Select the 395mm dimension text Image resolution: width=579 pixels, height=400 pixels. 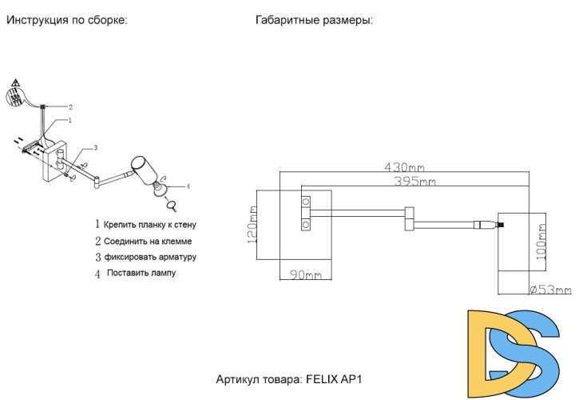(x=415, y=182)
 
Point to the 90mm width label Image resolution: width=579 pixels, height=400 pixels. (x=304, y=275)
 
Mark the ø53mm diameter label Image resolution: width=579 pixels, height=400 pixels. (x=550, y=290)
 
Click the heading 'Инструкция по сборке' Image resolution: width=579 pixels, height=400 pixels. (x=67, y=20)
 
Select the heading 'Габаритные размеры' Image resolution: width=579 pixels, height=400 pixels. (x=314, y=20)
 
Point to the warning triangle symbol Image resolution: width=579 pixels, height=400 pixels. (x=15, y=83)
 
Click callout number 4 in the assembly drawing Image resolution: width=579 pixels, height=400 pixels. (x=187, y=186)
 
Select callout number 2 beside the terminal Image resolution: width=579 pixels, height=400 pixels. (x=69, y=106)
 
